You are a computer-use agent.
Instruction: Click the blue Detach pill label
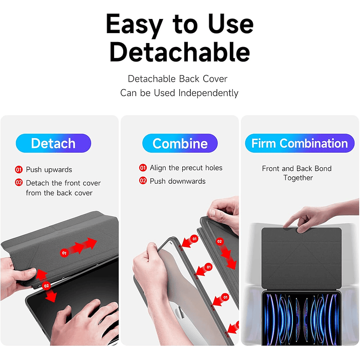[53, 143]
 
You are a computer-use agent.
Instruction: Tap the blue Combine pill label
[180, 143]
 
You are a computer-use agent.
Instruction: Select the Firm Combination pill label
[299, 143]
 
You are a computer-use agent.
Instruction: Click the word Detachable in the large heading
[180, 52]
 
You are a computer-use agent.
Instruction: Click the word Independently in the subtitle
[208, 93]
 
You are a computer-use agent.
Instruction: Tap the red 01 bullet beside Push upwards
[19, 170]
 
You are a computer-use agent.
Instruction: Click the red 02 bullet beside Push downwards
[143, 181]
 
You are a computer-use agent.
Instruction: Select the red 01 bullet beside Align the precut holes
[143, 168]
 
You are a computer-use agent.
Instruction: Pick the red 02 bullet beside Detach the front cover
[19, 183]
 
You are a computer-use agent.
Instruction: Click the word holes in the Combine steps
[213, 168]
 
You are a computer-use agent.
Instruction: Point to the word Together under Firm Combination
[298, 178]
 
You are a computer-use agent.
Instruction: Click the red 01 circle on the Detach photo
[64, 253]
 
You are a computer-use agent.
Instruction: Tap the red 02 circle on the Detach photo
[47, 286]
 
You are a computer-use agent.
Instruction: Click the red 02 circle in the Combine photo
[219, 241]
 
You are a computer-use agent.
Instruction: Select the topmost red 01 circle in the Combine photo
[194, 239]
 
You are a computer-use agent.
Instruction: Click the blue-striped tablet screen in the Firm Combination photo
[301, 319]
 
